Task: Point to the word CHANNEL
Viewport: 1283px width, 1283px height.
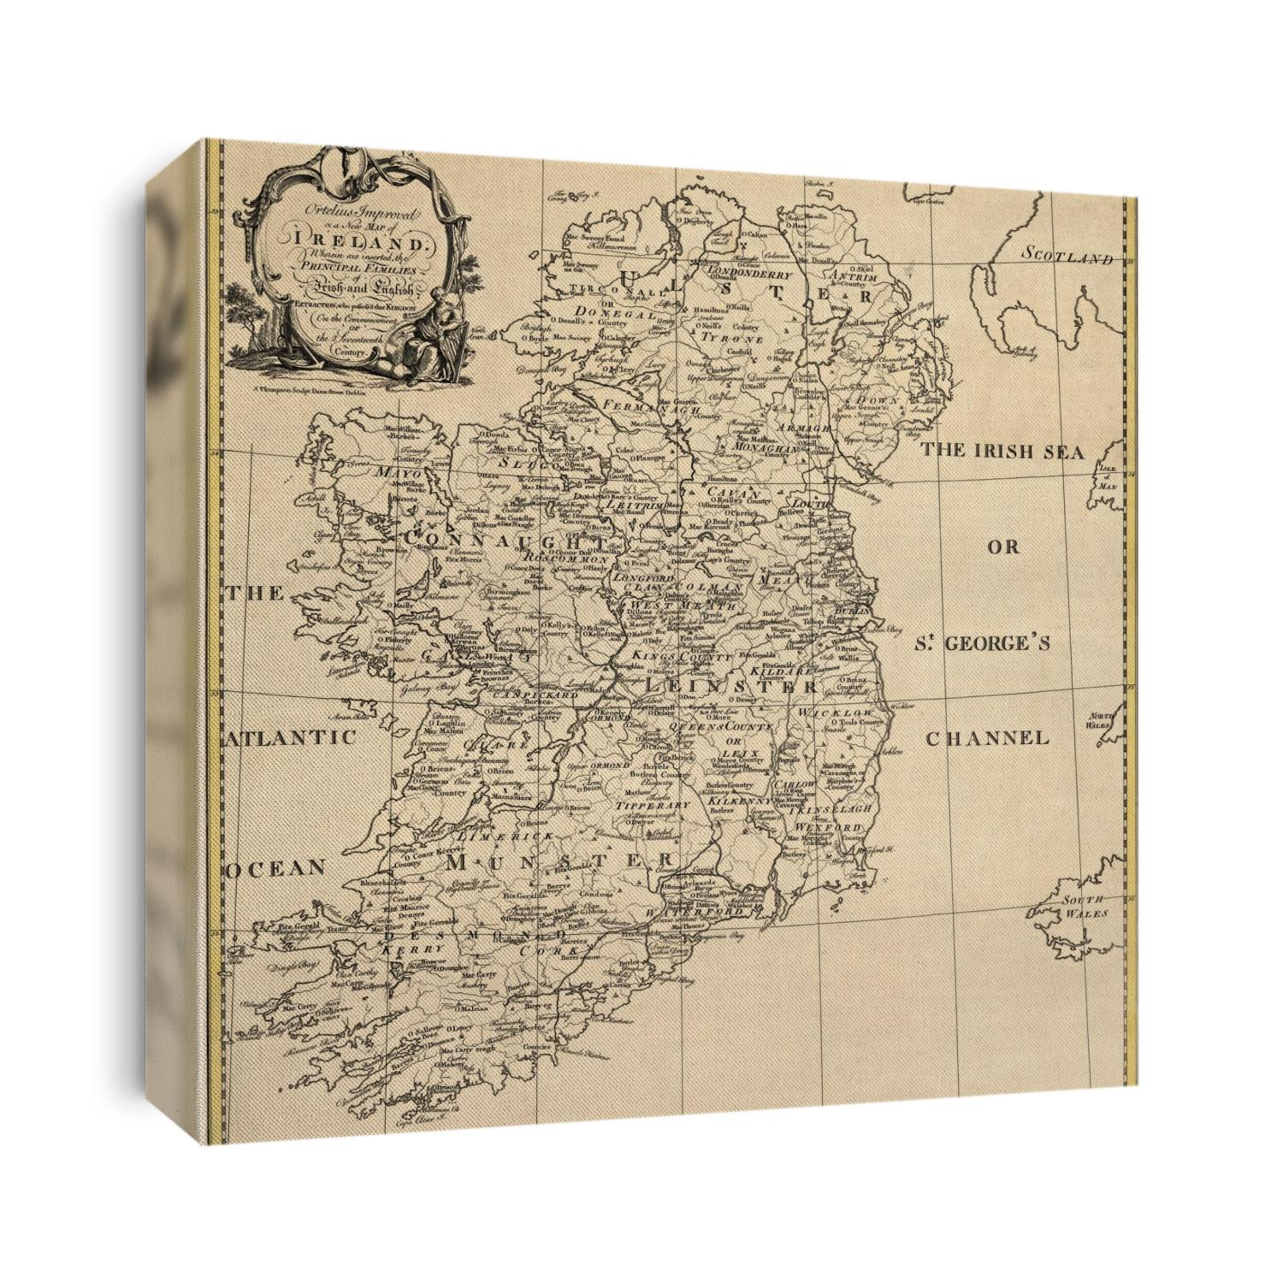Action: [x=987, y=737]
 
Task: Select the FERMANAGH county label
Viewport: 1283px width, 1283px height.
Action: [x=638, y=402]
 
